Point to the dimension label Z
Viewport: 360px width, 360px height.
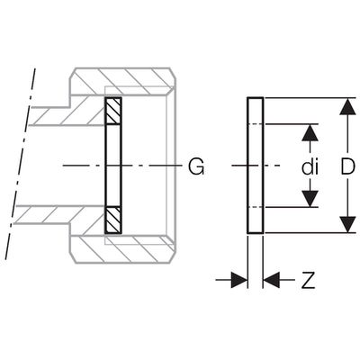(x=309, y=280)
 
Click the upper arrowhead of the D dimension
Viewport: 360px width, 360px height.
(x=348, y=106)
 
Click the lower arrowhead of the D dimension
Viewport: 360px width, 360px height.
(x=348, y=224)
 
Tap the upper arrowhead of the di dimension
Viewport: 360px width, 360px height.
(x=310, y=132)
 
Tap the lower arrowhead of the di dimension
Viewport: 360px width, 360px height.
(x=310, y=198)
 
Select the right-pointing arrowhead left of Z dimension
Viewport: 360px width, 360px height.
(x=239, y=280)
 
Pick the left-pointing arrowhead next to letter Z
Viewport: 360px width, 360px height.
(x=272, y=280)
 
